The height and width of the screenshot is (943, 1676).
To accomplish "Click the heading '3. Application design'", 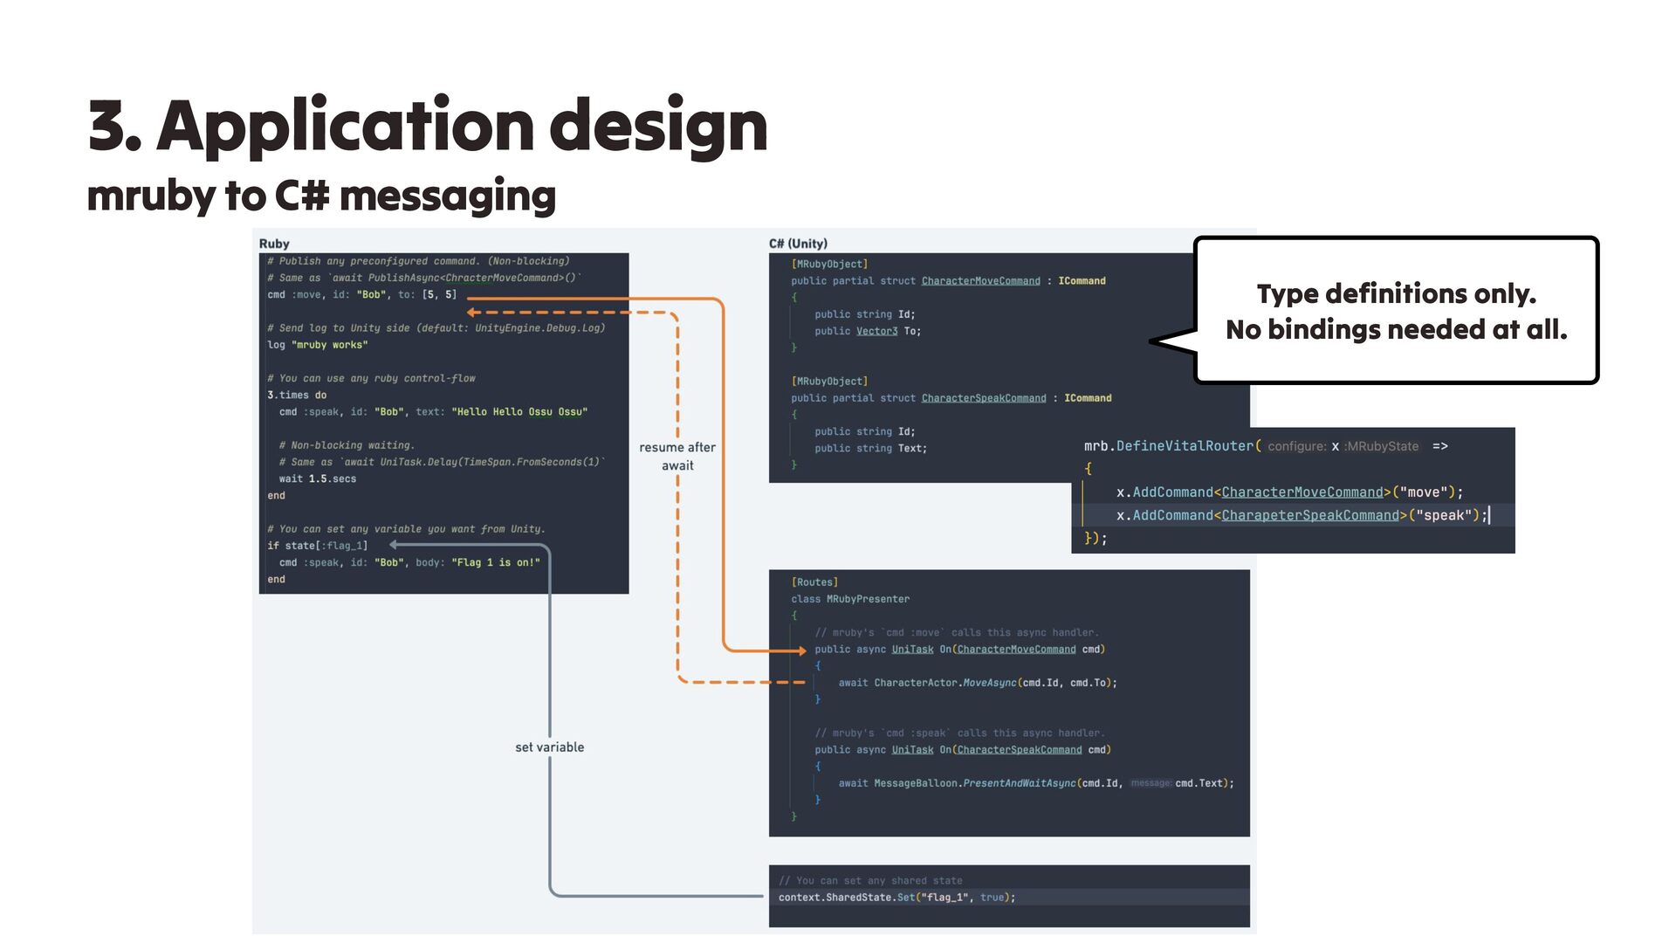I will pyautogui.click(x=428, y=126).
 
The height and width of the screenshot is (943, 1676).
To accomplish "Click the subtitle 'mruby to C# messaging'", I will pyautogui.click(x=321, y=196).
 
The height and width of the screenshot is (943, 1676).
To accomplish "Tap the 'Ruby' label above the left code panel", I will pyautogui.click(x=274, y=244).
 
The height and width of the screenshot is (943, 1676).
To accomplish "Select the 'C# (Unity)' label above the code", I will pyautogui.click(x=798, y=244).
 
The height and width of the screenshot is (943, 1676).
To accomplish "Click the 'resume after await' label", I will pyautogui.click(x=677, y=456).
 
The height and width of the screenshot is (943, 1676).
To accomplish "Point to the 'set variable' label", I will pyautogui.click(x=550, y=747).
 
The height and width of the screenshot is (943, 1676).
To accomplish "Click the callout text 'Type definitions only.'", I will pyautogui.click(x=1396, y=293).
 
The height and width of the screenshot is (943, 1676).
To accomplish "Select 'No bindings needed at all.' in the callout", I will pyautogui.click(x=1396, y=329).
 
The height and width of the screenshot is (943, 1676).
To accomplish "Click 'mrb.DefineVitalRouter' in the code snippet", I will pyautogui.click(x=1168, y=446).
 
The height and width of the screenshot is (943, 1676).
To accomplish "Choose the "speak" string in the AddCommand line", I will pyautogui.click(x=1444, y=515).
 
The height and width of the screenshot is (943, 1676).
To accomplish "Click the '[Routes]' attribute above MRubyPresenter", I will pyautogui.click(x=814, y=582).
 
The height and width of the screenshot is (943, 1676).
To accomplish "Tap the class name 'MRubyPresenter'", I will pyautogui.click(x=868, y=599).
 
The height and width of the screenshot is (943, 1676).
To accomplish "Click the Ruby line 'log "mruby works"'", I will pyautogui.click(x=318, y=345).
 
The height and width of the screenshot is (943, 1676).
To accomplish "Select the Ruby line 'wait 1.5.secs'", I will pyautogui.click(x=318, y=478).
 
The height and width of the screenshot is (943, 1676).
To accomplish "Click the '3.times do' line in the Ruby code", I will pyautogui.click(x=297, y=395).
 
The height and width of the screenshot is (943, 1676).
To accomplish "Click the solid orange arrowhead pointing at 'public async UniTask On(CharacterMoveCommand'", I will pyautogui.click(x=801, y=650).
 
